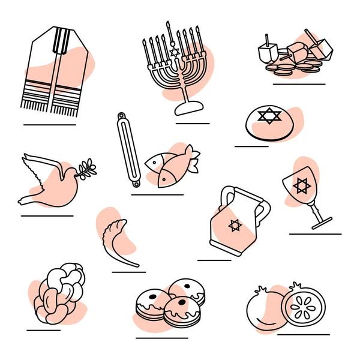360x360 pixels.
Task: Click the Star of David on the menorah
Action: (175, 53)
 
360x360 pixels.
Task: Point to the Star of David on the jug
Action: (235, 226)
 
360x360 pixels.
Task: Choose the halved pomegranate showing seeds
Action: (303, 306)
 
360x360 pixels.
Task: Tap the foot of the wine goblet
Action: (323, 225)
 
